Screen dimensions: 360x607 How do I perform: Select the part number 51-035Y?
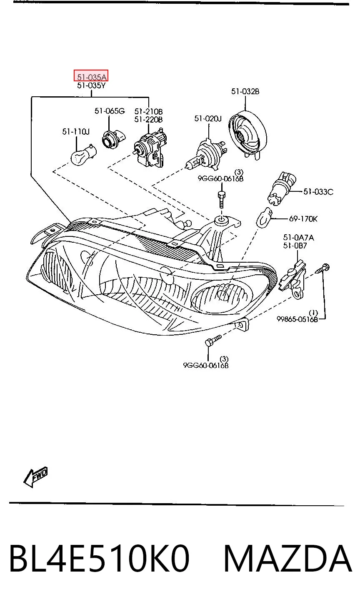click(x=91, y=85)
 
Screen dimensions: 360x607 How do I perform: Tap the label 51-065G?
click(x=110, y=111)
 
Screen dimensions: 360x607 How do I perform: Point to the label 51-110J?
click(x=75, y=132)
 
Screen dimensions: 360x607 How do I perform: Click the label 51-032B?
click(x=245, y=92)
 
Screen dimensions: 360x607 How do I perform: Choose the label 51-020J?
click(x=208, y=118)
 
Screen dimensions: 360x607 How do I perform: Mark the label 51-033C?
click(x=318, y=192)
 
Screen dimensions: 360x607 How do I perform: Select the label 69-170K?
click(x=303, y=219)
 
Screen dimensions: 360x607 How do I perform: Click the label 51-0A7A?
click(x=298, y=238)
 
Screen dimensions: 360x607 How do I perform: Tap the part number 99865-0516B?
click(x=297, y=319)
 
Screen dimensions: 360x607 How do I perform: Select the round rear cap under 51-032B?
click(x=247, y=134)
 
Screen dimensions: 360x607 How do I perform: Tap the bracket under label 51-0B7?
click(x=293, y=279)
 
